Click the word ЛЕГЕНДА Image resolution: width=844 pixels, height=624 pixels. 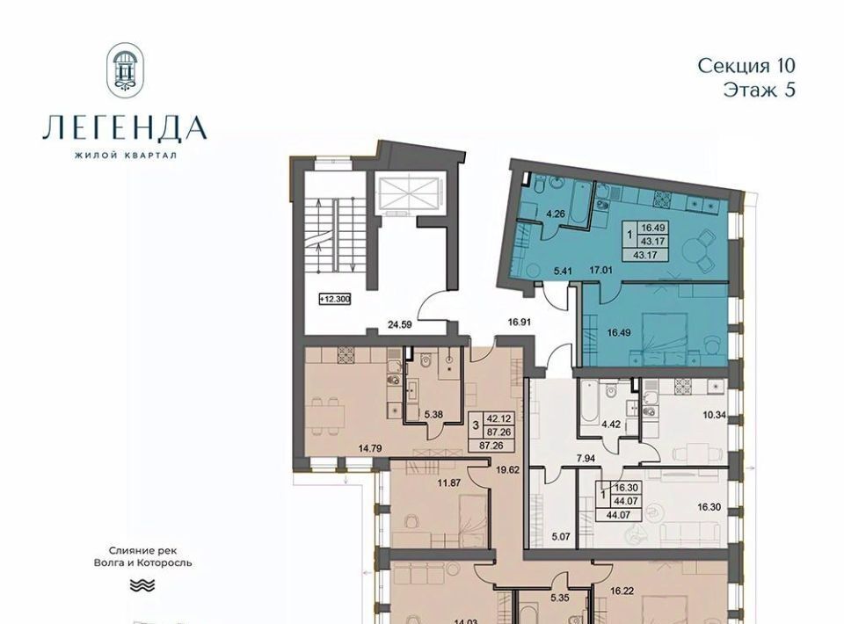(x=125, y=128)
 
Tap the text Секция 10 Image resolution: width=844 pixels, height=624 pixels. (x=746, y=66)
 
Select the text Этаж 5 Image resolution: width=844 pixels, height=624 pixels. (x=759, y=90)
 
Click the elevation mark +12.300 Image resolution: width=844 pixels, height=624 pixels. (x=334, y=299)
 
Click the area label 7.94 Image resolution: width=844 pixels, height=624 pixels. (x=586, y=458)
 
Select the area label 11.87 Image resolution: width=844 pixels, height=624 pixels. (x=448, y=483)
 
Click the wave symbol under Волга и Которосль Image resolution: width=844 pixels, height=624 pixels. (x=142, y=584)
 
